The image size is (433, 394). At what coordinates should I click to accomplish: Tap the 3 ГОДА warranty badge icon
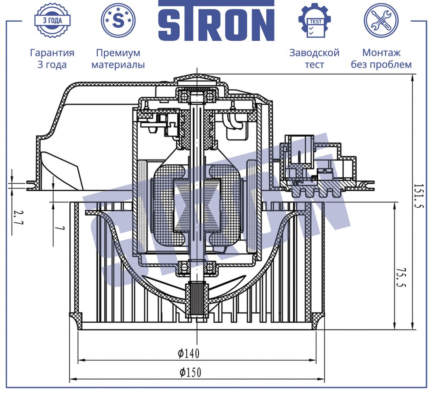tap(52, 21)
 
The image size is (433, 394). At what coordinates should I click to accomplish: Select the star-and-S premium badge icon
tap(118, 20)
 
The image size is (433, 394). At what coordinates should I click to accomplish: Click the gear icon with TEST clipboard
tap(314, 21)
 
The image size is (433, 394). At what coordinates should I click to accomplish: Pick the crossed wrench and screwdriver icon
tap(381, 20)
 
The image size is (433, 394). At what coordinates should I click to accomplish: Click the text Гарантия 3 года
tap(52, 59)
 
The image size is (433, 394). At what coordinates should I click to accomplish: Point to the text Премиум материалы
tap(118, 59)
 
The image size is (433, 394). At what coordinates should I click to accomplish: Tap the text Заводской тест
tap(314, 59)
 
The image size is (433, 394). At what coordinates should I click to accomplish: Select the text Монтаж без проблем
tap(381, 59)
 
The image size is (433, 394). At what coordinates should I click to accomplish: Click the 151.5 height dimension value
tap(419, 196)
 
